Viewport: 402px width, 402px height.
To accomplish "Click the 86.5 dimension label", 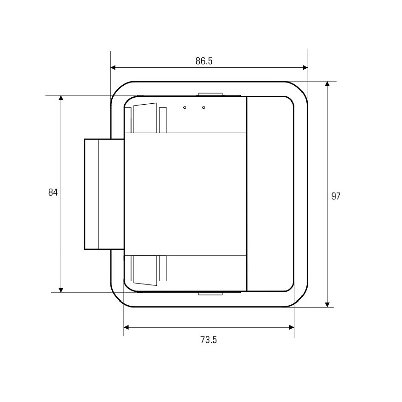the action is point(204,61).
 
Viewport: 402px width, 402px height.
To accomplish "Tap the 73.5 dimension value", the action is point(209,340).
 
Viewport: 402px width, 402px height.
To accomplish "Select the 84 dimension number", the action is point(53,192).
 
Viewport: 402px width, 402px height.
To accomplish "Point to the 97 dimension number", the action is point(336,196).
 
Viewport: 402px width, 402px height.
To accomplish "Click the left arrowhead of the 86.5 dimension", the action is point(113,68).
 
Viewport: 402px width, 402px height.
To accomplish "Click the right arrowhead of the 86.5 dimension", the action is point(305,68).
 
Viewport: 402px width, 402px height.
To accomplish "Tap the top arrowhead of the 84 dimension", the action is point(61,98).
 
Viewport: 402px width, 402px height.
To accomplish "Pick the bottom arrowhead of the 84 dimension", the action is point(61,290).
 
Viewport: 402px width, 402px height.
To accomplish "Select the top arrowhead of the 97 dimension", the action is point(327,84).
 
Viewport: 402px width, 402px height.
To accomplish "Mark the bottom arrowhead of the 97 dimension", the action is point(327,305).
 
